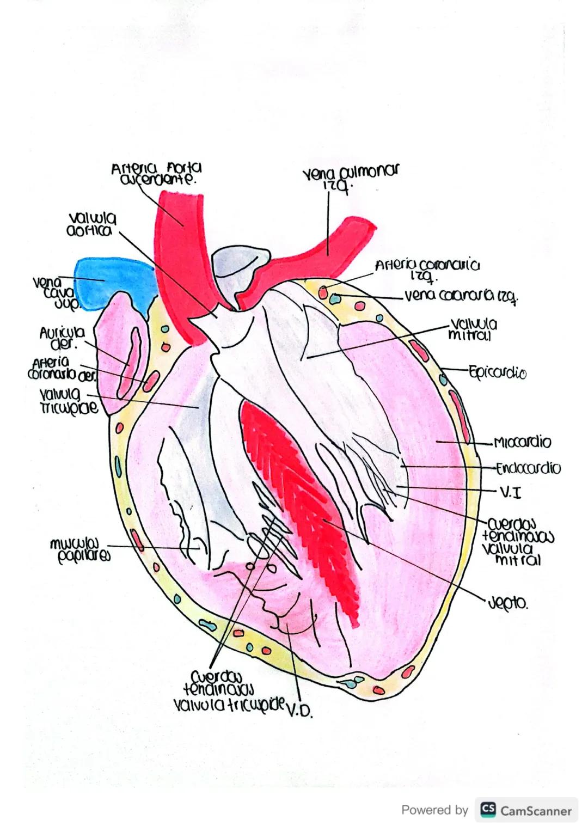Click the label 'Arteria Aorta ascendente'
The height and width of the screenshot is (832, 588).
coord(156,174)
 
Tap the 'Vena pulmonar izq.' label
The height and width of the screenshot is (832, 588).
coord(350,176)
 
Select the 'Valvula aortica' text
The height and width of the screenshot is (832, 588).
coord(91,224)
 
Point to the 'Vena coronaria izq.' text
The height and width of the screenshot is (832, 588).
coord(461,296)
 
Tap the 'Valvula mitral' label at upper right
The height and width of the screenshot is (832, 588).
coord(473,329)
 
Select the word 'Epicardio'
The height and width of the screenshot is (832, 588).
coord(497,373)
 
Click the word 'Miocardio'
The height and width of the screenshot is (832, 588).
coord(522,442)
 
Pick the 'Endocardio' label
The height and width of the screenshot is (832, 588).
coord(528,468)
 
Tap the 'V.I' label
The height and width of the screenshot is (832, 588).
coord(510,493)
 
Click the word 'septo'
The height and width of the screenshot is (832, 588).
coord(507,603)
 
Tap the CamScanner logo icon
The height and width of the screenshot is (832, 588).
coord(488,810)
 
